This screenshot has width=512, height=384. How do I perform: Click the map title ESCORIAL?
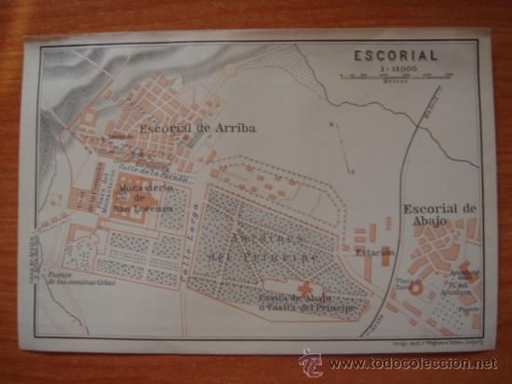pos(395,55)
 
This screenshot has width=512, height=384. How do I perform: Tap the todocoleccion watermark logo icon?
pos(311,362)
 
